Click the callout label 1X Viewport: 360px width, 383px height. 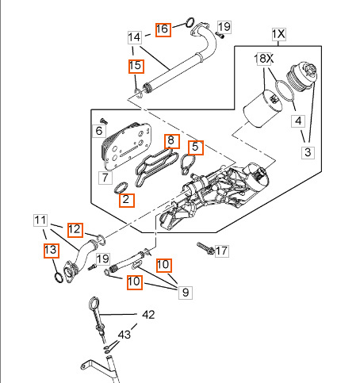(x=279, y=34)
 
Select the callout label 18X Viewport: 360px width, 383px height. (x=263, y=59)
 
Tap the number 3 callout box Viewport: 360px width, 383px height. (x=308, y=152)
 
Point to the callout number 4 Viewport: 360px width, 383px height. (x=298, y=121)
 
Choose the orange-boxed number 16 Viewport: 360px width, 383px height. (x=163, y=29)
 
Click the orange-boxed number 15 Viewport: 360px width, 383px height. (x=136, y=66)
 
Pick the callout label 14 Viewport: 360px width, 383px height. (x=135, y=37)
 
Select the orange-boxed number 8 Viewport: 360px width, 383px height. (x=172, y=141)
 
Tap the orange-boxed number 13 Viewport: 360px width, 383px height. (x=52, y=251)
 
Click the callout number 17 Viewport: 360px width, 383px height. (x=221, y=251)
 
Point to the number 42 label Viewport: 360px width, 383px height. (x=148, y=315)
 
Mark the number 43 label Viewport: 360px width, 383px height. (x=124, y=335)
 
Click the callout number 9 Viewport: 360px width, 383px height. (x=186, y=293)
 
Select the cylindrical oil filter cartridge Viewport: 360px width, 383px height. (x=262, y=109)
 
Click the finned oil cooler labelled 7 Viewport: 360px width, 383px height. (x=126, y=146)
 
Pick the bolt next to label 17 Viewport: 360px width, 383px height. (x=205, y=248)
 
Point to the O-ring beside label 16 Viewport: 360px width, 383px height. (x=190, y=22)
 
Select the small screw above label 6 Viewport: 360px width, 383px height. (x=105, y=121)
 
